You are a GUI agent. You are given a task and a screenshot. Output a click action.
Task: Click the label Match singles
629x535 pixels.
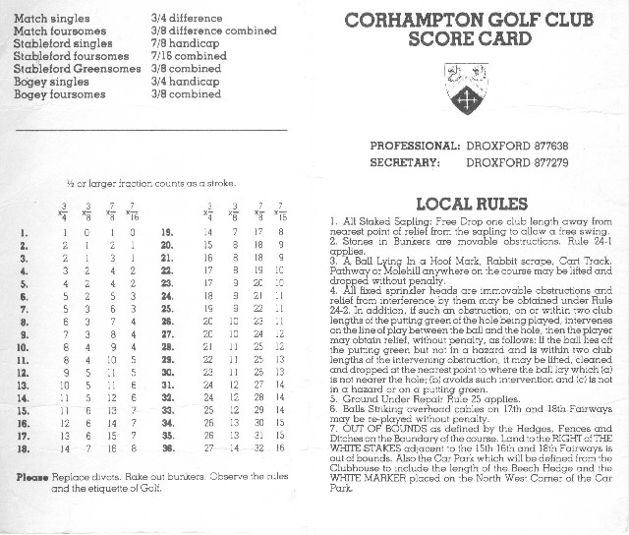click(x=49, y=19)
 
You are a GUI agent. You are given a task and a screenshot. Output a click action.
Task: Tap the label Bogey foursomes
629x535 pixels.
click(x=56, y=94)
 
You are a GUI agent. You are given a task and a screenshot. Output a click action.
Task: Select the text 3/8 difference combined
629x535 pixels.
click(x=213, y=30)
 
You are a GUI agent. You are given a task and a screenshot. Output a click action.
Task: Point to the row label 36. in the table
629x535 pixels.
click(x=166, y=447)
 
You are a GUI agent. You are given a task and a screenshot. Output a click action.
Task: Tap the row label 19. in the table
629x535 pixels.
click(x=166, y=232)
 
